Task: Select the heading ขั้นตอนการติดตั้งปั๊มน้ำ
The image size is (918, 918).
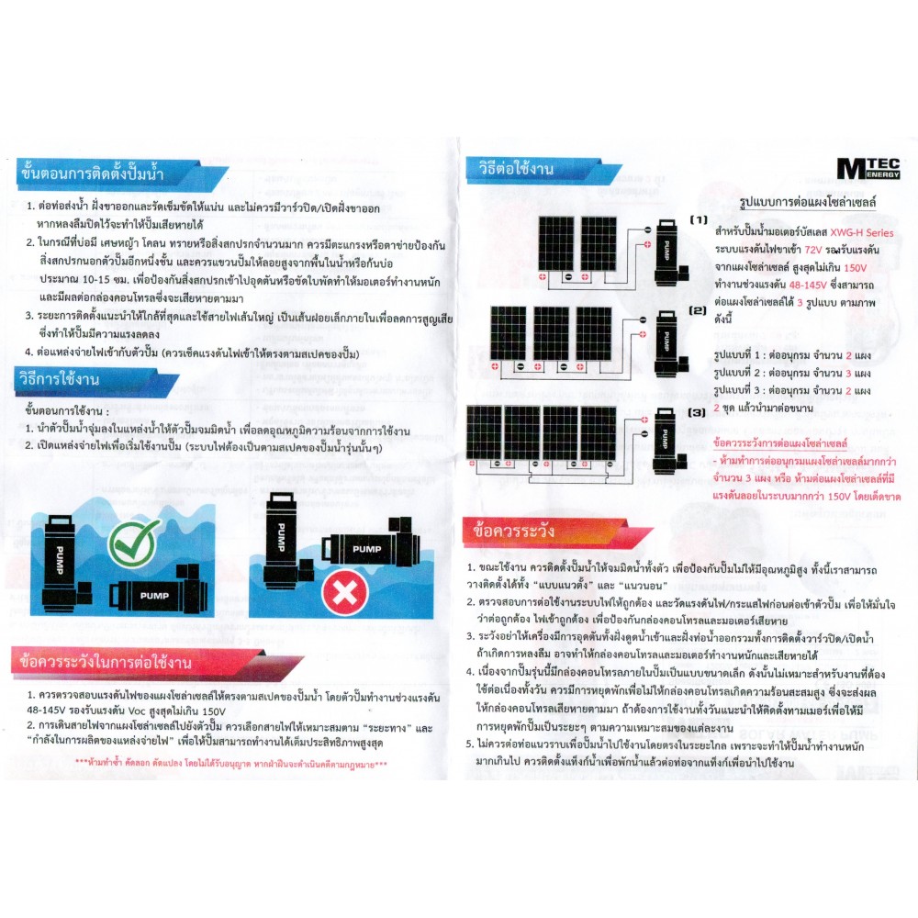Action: tap(88, 173)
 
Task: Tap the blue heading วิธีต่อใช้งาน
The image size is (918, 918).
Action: tap(514, 169)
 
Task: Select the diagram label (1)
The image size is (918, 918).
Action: tap(699, 221)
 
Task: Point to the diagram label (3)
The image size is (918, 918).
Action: tap(699, 413)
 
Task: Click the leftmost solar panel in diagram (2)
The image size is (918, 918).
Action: tap(510, 334)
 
